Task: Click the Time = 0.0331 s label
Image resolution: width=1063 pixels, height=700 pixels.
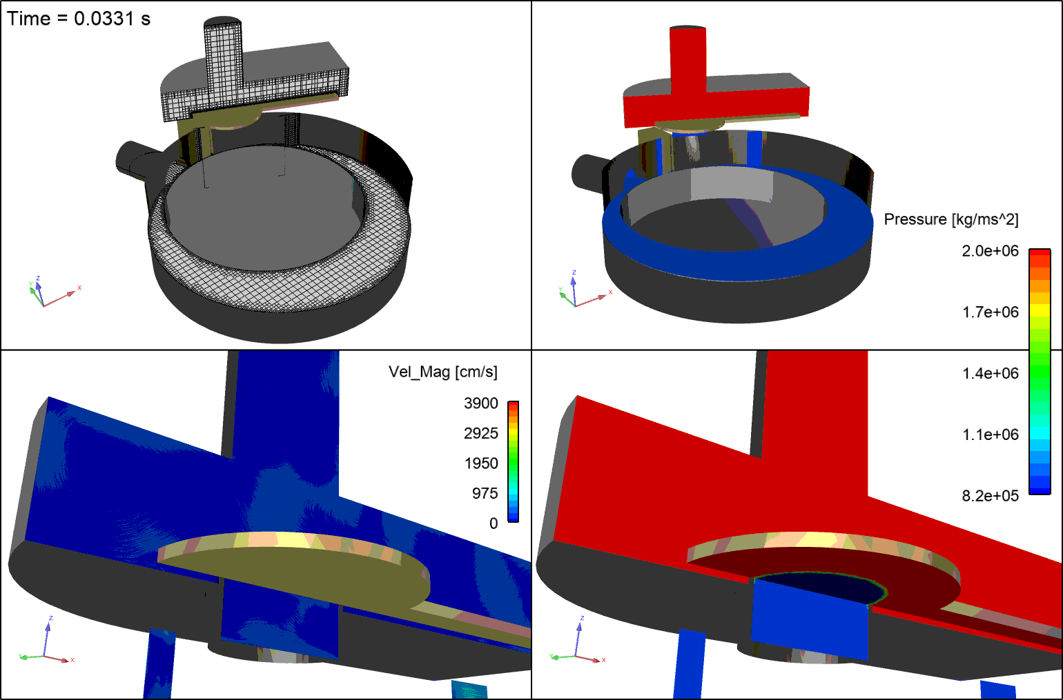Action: click(79, 19)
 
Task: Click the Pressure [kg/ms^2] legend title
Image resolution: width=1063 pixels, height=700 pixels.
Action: click(950, 219)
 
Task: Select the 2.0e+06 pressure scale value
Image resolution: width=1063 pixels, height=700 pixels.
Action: click(990, 251)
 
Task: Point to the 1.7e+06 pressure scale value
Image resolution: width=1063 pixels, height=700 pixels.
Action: click(990, 312)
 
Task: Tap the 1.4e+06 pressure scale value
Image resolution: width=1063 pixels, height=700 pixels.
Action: click(990, 374)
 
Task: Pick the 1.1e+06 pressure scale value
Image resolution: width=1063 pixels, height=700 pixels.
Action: click(990, 435)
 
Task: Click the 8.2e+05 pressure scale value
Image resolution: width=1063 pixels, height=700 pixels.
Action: click(990, 496)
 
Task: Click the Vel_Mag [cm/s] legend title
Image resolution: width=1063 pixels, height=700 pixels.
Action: click(442, 372)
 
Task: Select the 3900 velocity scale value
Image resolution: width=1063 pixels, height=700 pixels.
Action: click(480, 403)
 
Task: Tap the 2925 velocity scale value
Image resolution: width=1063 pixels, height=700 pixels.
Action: click(480, 434)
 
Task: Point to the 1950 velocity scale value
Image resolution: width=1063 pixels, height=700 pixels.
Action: click(480, 463)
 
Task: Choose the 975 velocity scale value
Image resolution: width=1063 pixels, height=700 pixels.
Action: click(485, 494)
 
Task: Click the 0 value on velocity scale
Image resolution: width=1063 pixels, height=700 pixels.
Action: click(493, 523)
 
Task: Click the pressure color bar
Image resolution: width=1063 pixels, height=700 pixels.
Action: click(1039, 372)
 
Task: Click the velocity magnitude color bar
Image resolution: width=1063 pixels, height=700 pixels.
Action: click(513, 461)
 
